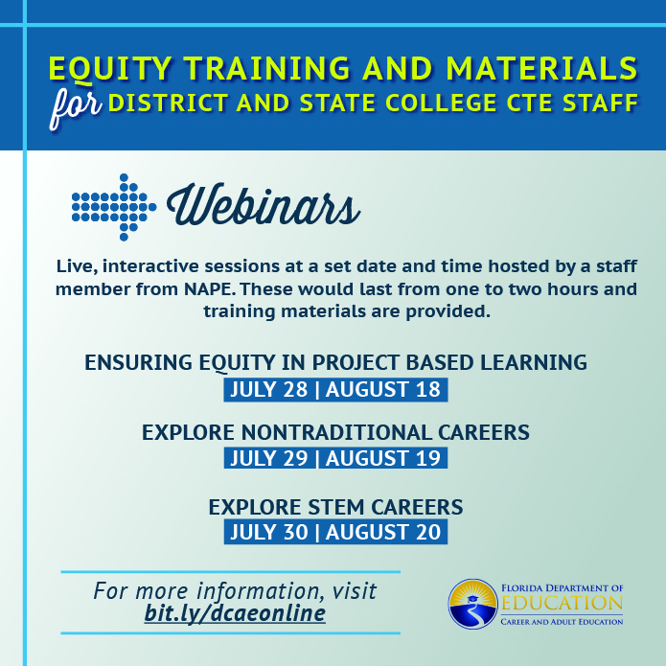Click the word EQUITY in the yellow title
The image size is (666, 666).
110,68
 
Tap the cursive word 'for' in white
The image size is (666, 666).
76,108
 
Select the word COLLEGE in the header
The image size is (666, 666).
441,103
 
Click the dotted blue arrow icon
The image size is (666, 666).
114,207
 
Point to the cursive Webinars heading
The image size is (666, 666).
264,205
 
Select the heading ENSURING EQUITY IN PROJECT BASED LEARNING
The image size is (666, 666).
335,363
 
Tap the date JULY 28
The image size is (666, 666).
268,389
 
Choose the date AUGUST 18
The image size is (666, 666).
383,389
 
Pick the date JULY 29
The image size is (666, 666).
268,458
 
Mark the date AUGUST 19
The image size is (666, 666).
383,458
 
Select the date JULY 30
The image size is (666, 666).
268,532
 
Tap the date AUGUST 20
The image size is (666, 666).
383,532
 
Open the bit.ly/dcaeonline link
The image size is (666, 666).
235,613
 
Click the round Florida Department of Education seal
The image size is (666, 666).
472,604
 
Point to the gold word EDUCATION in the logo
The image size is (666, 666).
562,603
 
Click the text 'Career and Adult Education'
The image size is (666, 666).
562,622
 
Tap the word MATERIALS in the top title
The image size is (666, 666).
542,68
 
